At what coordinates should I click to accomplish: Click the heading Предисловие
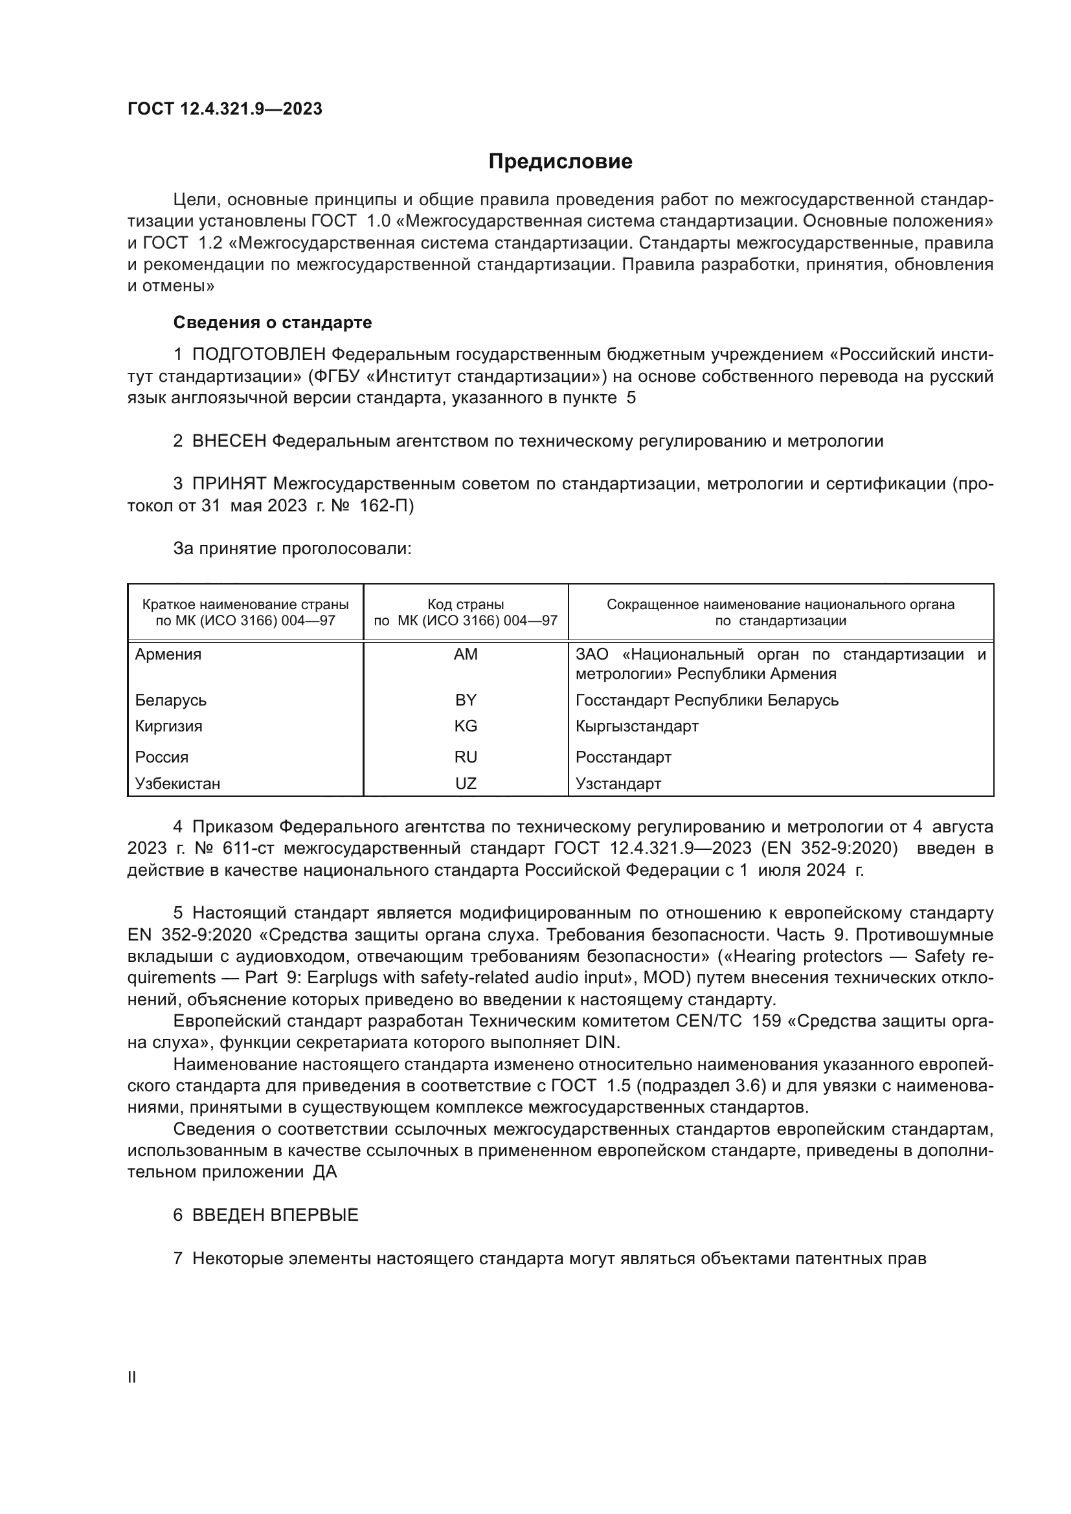560,162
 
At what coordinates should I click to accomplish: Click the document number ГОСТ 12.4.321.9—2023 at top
225,109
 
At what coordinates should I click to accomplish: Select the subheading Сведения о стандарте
273,322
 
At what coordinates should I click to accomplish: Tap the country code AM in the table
466,654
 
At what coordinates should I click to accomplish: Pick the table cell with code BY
466,700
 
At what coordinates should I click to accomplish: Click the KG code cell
466,726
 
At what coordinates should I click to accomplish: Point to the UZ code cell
466,783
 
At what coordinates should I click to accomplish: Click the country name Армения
168,654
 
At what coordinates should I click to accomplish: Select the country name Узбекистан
177,783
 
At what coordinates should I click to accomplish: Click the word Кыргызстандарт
637,726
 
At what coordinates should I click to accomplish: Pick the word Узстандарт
618,783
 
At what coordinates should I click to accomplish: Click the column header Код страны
466,604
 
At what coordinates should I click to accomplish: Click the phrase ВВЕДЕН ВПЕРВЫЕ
275,1214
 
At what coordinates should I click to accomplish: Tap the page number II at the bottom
132,1377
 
